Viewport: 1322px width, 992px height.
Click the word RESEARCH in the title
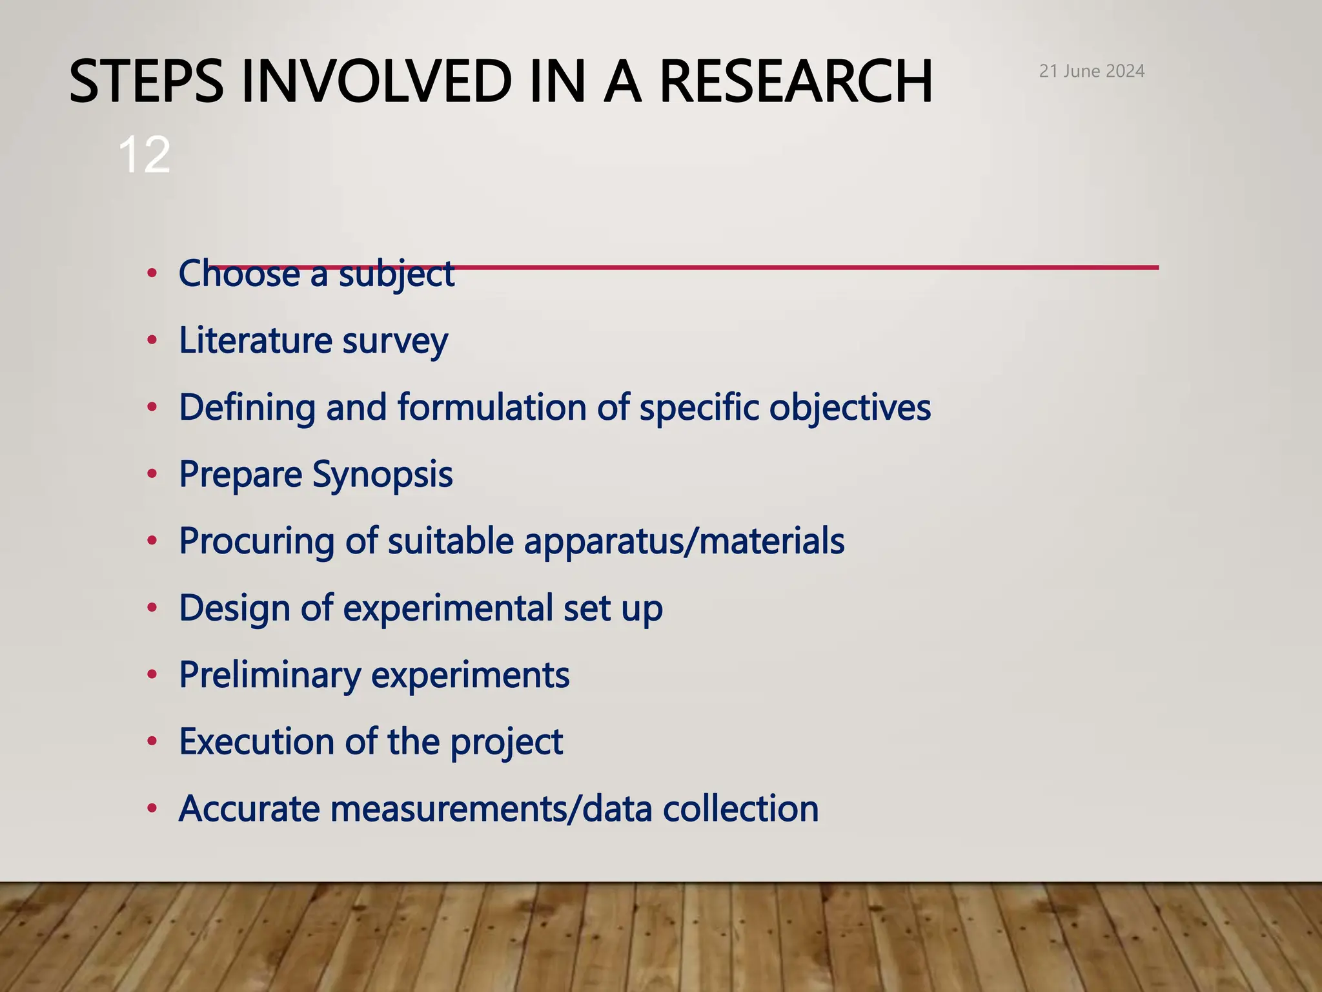[x=796, y=81]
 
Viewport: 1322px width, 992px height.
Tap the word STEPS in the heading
[x=146, y=81]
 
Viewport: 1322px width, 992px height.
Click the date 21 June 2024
[x=1092, y=71]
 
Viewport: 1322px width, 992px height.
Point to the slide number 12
[x=144, y=155]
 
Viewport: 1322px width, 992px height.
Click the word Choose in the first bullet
[x=239, y=273]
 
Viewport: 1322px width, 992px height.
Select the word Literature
[x=255, y=340]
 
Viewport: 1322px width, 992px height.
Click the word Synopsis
[x=382, y=475]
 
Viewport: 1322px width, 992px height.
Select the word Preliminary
[x=270, y=676]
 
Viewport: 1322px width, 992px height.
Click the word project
[x=506, y=743]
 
